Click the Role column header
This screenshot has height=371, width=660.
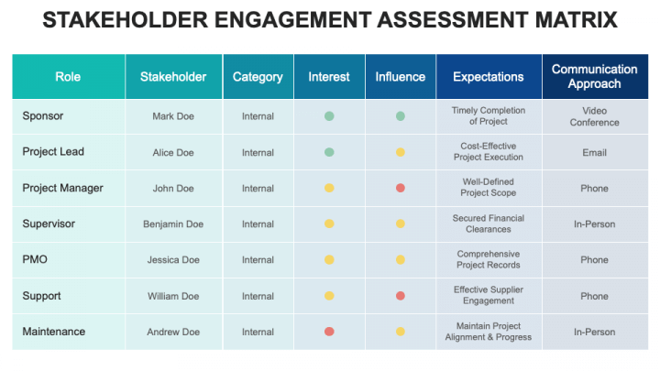tap(68, 77)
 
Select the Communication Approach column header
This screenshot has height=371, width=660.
tap(594, 77)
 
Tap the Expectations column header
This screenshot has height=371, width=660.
tap(489, 77)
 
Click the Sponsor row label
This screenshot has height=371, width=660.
tap(43, 116)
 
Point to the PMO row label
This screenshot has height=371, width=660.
tap(35, 259)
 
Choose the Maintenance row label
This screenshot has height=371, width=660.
tap(54, 332)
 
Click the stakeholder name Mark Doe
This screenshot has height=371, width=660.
tap(173, 116)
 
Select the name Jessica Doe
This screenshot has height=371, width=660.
tap(173, 260)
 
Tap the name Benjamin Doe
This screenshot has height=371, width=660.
tap(173, 224)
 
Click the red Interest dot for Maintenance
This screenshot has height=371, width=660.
tap(329, 332)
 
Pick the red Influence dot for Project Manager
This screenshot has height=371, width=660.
tap(401, 188)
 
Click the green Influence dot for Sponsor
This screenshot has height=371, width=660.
tap(401, 116)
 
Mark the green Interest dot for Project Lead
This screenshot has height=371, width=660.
tap(329, 152)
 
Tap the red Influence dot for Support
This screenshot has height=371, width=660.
tap(401, 296)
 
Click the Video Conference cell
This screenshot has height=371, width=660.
tap(594, 116)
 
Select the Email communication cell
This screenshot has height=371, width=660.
tap(594, 153)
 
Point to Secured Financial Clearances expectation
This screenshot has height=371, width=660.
tap(489, 224)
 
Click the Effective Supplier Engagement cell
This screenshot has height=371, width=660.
tap(489, 296)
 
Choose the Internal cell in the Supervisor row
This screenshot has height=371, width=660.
tap(258, 224)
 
